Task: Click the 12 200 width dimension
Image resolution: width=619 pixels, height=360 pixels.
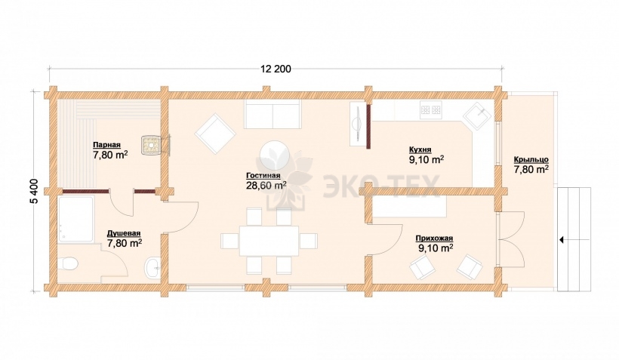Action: pos(276,69)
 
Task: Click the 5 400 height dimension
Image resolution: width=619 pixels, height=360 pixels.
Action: pos(34,192)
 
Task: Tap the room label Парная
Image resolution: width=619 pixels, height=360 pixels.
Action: pos(106,145)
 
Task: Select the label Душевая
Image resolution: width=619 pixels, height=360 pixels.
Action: pos(124,233)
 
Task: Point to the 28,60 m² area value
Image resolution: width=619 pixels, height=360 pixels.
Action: pos(266,186)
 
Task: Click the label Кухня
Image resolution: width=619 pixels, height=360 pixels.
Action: pos(420,149)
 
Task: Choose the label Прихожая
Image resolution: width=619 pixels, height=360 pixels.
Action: pos(434,238)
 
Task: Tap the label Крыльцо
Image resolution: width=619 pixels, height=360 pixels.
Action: pos(531,159)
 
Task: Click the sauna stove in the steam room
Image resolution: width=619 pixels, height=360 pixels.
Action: pos(152,144)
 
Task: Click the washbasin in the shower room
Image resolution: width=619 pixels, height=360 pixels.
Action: pos(152,267)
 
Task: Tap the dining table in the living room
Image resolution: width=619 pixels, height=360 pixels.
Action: pos(269,241)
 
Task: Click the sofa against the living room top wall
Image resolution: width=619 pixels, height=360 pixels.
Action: pos(273,114)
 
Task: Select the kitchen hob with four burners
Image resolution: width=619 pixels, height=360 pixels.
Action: pos(431,108)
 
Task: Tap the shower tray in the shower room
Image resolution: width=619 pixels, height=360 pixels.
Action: pos(75,220)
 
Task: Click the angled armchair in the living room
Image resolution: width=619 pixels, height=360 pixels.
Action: pos(215,134)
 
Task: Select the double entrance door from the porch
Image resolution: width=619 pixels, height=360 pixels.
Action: pos(512,239)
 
